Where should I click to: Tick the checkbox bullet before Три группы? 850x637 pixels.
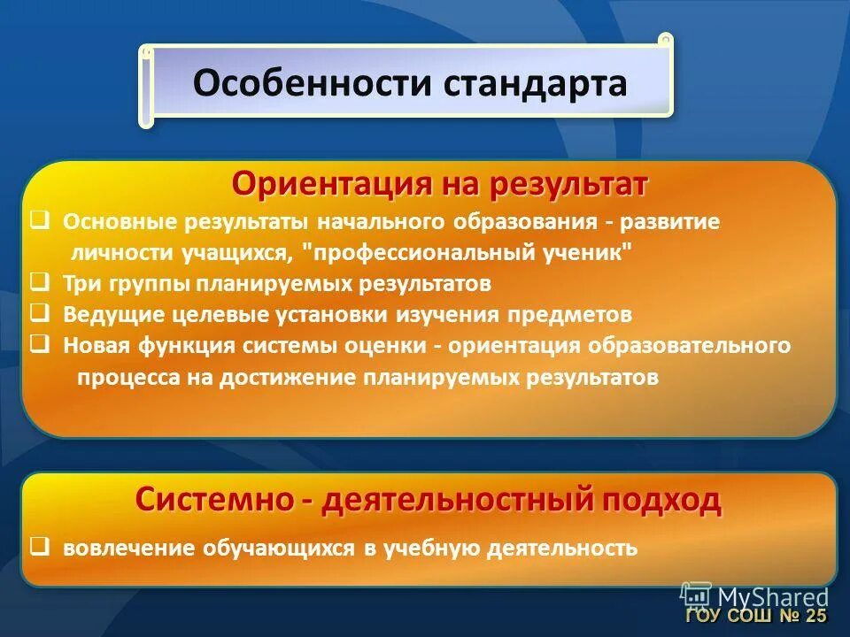pyautogui.click(x=39, y=283)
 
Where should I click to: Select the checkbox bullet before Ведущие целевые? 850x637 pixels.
pyautogui.click(x=39, y=314)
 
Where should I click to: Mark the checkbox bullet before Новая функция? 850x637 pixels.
pyautogui.click(x=39, y=345)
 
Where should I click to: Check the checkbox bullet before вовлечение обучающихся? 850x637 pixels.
pyautogui.click(x=39, y=548)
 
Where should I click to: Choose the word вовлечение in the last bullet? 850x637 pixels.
pyautogui.click(x=129, y=549)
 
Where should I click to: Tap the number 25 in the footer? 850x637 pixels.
pyautogui.click(x=815, y=616)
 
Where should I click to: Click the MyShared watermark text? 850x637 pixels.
pyautogui.click(x=773, y=596)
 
